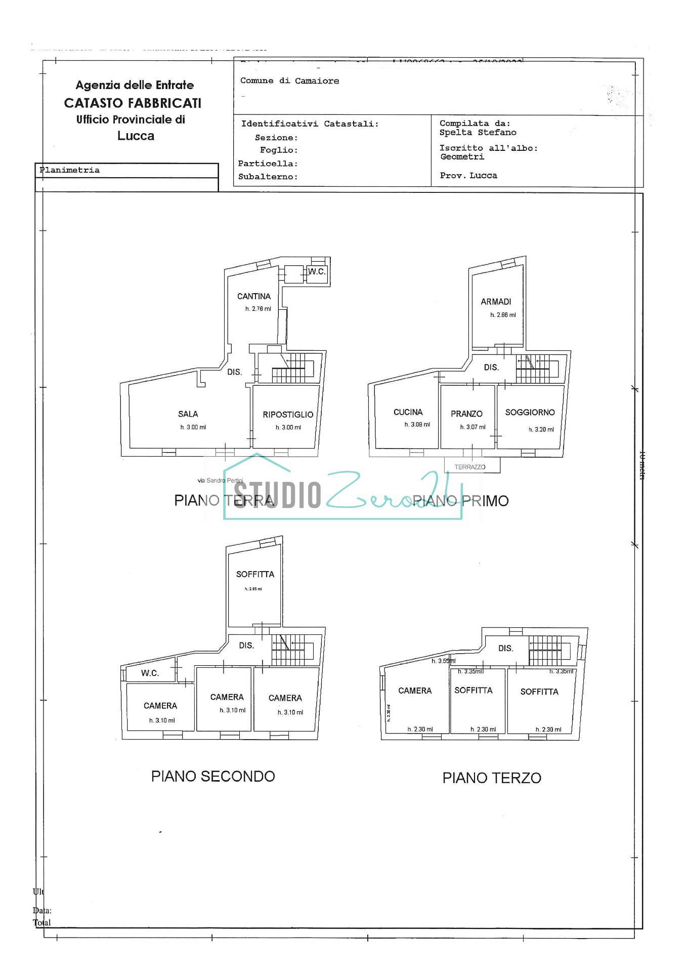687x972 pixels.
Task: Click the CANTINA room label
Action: tap(254, 296)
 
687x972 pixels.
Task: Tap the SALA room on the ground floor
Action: tap(188, 414)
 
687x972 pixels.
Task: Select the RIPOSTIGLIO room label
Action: tap(288, 415)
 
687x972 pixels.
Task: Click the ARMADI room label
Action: tap(496, 302)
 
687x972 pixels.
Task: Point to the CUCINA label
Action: tap(408, 412)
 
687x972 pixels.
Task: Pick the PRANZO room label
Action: tap(466, 414)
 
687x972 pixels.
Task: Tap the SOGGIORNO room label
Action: tap(530, 413)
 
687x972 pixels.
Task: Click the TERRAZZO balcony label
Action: tap(469, 467)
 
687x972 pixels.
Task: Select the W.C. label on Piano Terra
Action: tap(317, 272)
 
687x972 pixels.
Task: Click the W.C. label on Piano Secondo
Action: tap(150, 673)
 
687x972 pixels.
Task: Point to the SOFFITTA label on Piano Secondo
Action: tap(255, 574)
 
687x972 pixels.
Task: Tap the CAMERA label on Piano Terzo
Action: tap(415, 691)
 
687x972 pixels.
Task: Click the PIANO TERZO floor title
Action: tap(492, 778)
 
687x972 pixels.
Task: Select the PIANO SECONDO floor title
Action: tap(213, 776)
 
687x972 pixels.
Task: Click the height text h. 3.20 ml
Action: tap(541, 429)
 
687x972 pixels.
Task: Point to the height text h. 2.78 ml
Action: tap(258, 309)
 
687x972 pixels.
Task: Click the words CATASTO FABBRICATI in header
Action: tap(133, 103)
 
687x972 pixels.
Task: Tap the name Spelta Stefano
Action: tap(478, 133)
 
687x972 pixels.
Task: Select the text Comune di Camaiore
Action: tap(289, 81)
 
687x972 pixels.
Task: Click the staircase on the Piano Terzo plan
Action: tap(549, 651)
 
